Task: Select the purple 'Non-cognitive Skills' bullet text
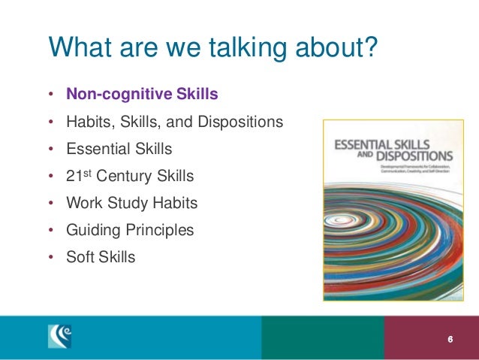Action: (143, 95)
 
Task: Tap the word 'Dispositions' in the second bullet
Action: (239, 123)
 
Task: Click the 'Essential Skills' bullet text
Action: (119, 150)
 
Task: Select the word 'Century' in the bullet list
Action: (130, 177)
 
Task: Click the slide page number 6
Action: (450, 339)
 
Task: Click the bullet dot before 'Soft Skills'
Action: (50, 258)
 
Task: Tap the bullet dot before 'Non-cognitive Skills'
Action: (50, 95)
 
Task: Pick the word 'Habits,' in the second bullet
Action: (89, 123)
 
